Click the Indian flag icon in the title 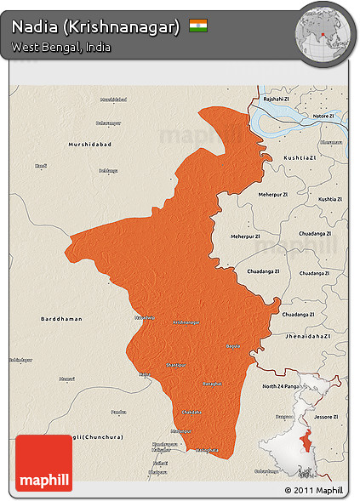point(198,26)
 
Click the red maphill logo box point(44,463)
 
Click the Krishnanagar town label point(187,322)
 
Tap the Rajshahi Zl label point(277,99)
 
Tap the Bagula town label point(232,346)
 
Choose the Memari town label point(67,379)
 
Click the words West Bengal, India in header point(60,47)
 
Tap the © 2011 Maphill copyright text point(314,491)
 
